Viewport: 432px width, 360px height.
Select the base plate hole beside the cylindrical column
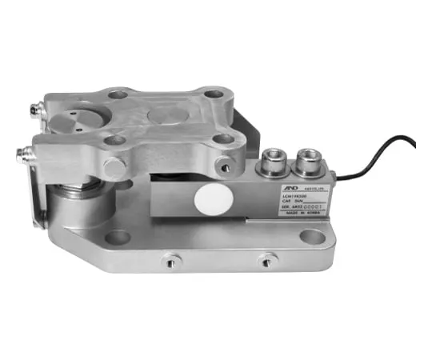(x=118, y=237)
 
